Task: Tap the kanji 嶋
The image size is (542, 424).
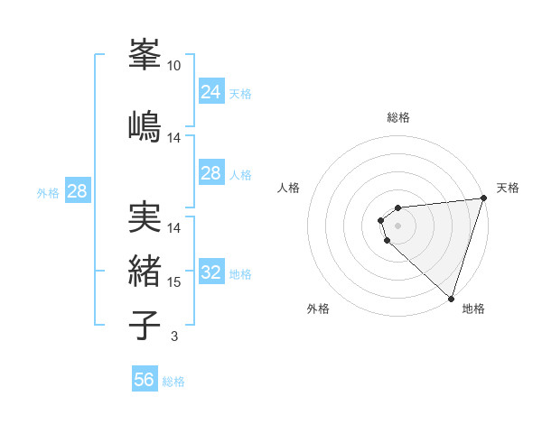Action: pos(145,124)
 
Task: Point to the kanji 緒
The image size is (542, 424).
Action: pos(145,271)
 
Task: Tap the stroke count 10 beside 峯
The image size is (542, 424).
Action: pos(174,66)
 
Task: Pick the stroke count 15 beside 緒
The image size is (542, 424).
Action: pos(174,282)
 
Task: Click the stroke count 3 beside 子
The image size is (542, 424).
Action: pos(174,336)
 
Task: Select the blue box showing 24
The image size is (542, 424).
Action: pos(210,91)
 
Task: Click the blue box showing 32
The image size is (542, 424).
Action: pos(210,272)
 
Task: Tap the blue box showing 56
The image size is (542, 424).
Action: pos(144,380)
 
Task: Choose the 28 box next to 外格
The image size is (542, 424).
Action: pos(77,190)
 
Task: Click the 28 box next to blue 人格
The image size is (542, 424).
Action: pos(210,172)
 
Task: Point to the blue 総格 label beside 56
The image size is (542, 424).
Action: pos(173,382)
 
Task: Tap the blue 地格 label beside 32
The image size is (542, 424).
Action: pos(240,273)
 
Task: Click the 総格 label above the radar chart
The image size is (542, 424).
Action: pos(398,117)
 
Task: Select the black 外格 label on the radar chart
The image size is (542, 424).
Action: pos(318,309)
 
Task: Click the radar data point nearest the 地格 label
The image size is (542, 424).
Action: pos(450,298)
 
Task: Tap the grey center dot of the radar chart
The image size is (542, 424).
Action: pos(397,225)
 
